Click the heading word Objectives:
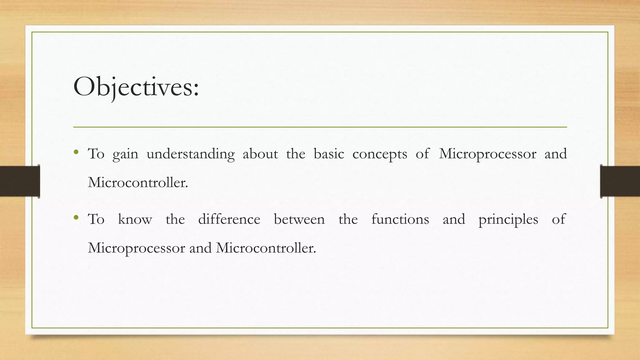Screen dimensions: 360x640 pos(136,87)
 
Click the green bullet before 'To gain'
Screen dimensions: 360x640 pos(76,152)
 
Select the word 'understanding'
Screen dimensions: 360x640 pos(190,154)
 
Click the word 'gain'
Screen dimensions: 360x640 pos(125,154)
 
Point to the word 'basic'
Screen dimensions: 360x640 pos(329,154)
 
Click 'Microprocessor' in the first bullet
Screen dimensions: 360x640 pos(487,154)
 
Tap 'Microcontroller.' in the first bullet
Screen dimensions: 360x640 pos(138,182)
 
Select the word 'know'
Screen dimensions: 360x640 pos(135,219)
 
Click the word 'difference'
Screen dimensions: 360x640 pos(229,219)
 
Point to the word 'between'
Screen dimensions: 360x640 pos(299,219)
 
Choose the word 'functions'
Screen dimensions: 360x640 pos(400,219)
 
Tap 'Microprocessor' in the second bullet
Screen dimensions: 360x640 pos(136,248)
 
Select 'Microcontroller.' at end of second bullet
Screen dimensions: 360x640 pos(266,248)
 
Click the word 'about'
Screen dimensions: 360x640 pos(260,154)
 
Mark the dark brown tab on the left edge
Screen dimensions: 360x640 pos(20,181)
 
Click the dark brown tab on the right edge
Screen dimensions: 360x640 pos(620,181)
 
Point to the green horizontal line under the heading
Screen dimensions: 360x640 pos(320,127)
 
